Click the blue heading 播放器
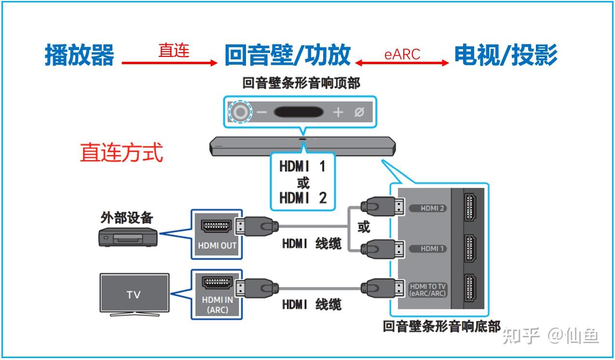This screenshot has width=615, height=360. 80,55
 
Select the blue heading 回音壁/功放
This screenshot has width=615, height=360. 287,55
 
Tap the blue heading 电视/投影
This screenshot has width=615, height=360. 506,55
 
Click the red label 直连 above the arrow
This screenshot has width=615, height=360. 174,50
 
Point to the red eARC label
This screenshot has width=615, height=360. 402,55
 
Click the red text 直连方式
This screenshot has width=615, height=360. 122,152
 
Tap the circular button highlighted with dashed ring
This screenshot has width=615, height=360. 240,112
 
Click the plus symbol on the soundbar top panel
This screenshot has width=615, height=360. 338,112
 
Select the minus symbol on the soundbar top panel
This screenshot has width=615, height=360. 261,112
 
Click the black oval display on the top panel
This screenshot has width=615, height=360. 299,112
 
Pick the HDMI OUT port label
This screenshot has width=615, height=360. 217,245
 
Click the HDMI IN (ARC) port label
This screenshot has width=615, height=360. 217,305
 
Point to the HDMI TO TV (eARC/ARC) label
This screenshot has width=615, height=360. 428,290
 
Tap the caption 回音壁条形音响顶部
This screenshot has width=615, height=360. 301,83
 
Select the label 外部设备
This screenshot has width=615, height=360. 127,218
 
